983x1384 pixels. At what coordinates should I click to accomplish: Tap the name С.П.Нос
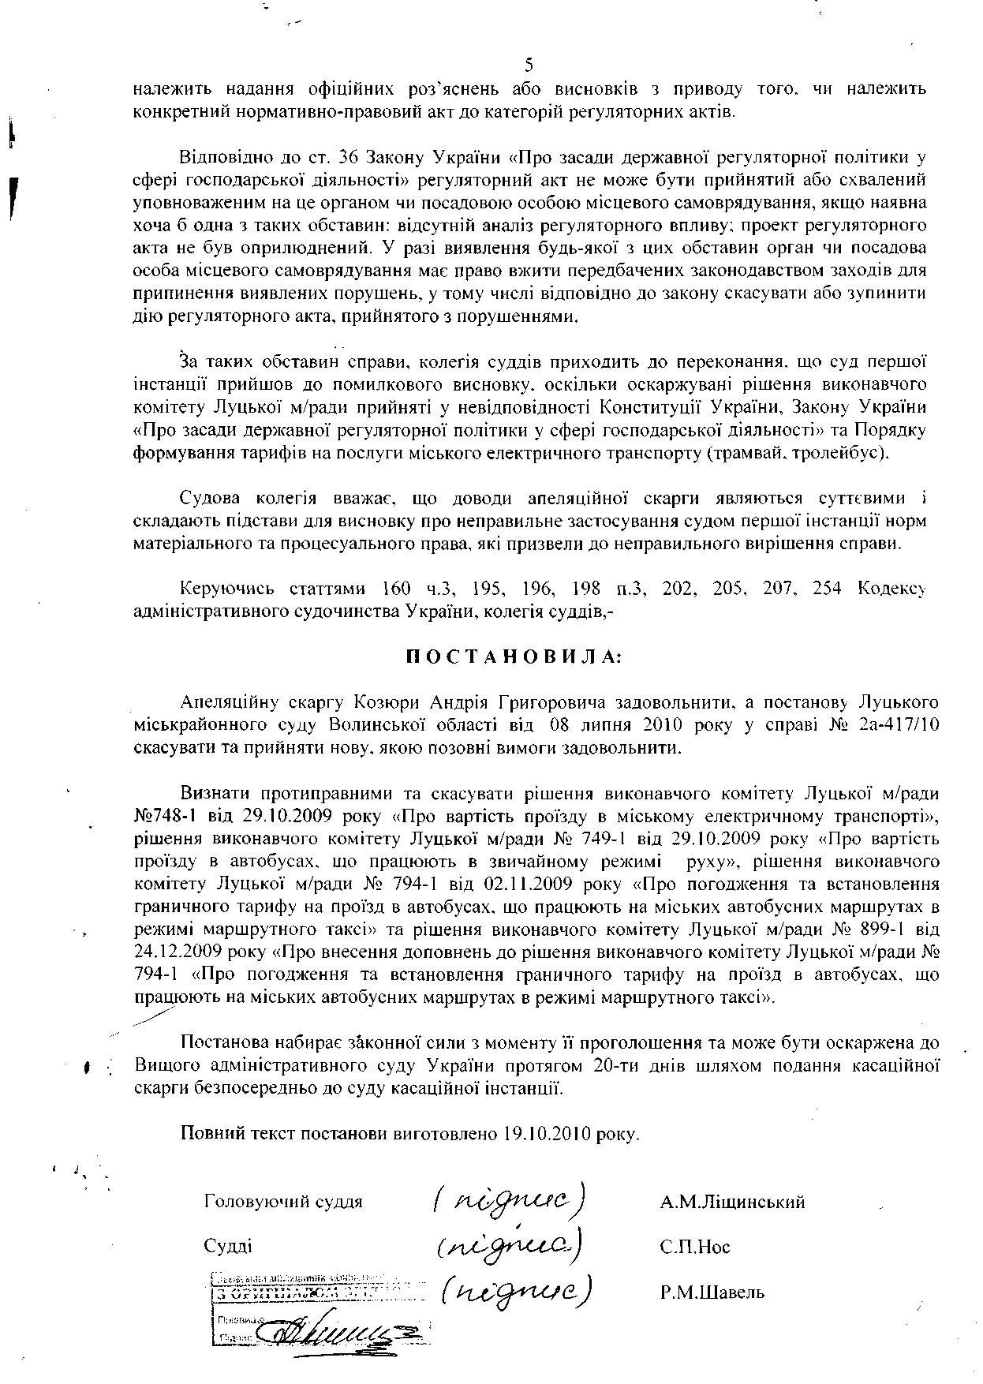695,1247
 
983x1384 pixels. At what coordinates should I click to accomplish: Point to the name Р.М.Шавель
712,1292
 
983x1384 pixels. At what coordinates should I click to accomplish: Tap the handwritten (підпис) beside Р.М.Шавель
516,1291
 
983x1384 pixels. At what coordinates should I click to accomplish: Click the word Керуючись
228,589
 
